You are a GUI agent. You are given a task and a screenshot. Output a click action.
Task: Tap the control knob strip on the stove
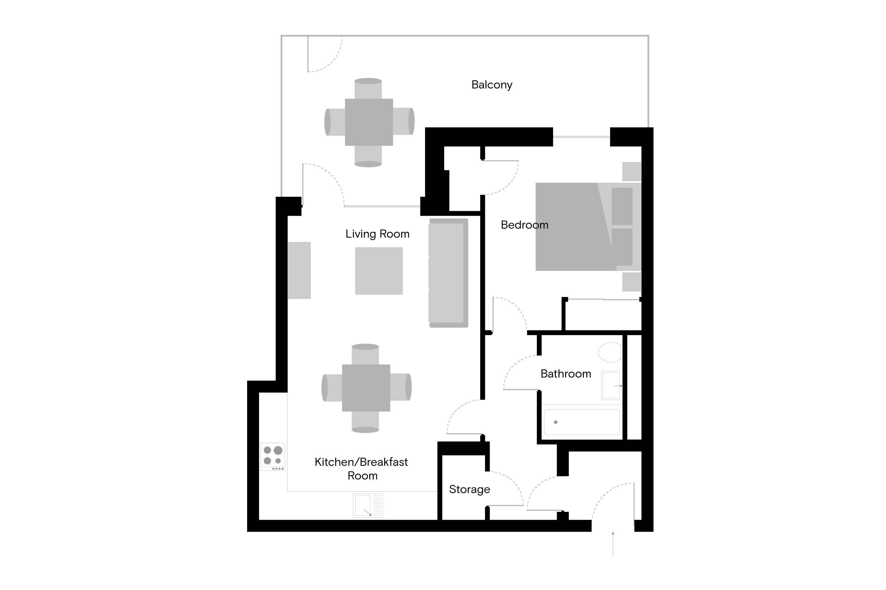(278, 469)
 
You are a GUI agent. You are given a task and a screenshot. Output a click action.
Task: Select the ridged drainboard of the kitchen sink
(377, 505)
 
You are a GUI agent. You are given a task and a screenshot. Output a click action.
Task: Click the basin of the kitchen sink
(363, 505)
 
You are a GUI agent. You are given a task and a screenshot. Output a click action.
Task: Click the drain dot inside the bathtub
(556, 422)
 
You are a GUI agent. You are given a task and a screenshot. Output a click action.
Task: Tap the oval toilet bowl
(609, 352)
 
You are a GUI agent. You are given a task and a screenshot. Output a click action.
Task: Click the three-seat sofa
(446, 273)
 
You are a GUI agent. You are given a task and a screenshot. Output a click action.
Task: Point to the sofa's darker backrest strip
(466, 273)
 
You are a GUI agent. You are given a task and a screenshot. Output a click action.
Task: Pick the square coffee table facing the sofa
(379, 271)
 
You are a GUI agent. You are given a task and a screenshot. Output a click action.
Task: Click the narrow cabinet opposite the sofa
(299, 271)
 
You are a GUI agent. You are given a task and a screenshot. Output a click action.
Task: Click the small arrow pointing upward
(613, 534)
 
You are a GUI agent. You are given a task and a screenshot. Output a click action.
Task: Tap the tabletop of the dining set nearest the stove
(366, 388)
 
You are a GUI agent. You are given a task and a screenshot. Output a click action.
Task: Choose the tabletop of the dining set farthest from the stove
(369, 122)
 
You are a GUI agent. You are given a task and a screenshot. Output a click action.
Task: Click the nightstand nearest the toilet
(632, 282)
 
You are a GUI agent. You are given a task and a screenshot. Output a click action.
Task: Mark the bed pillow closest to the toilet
(622, 247)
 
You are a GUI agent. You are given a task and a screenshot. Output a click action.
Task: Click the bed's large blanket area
(569, 227)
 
